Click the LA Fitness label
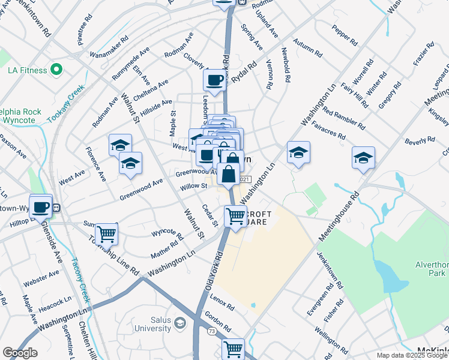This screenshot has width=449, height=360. pos(27,70)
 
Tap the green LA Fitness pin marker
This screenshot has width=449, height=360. pos(57,70)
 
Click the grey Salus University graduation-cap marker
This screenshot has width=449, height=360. pos(179,325)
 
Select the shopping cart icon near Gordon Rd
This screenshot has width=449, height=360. pos(233,347)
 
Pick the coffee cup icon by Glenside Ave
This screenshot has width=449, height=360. pos(41,206)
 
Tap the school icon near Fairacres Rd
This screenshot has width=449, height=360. pos(298,152)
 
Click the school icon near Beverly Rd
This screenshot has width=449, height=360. pos(363,157)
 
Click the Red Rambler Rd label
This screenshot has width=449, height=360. pos(343,117)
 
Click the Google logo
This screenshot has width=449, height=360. pos(20,353)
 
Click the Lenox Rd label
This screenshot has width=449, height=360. pos(222,303)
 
